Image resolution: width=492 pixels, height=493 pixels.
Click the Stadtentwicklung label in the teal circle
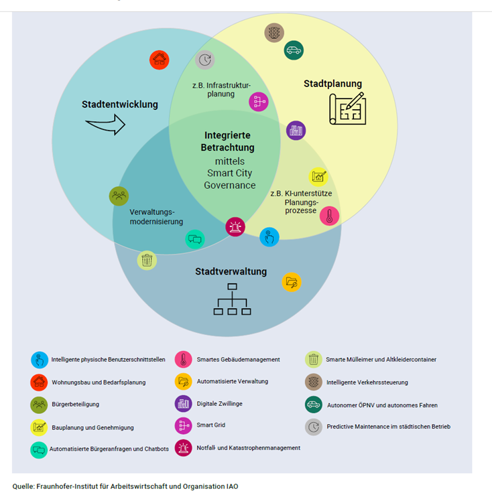pos(120,104)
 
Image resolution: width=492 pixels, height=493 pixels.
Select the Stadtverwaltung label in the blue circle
pos(231,272)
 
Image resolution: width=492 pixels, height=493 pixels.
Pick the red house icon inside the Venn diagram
pos(160,60)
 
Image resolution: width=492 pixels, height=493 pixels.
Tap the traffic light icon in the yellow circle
pos(273,32)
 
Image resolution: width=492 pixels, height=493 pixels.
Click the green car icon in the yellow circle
pos(293,50)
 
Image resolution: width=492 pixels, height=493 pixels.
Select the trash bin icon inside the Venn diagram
pos(147,260)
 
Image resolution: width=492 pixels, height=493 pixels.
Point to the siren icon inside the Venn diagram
pos(235,227)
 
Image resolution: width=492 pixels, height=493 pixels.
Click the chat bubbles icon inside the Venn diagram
pos(195,239)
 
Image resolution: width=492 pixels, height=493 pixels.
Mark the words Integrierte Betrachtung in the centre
pos(229,141)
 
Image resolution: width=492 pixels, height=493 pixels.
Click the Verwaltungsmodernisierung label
pos(156,216)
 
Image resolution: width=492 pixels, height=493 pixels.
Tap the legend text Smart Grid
pos(211,425)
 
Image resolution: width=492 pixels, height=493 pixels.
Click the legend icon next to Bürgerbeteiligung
pos(40,404)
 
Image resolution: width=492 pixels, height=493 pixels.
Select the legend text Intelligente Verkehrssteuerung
pos(367,382)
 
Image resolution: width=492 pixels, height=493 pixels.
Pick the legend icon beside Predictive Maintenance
pos(313,427)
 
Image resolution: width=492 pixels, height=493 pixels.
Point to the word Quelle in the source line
pos(24,486)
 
